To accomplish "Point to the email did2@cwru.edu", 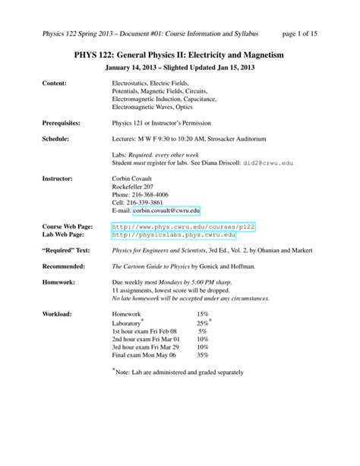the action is click(277, 163).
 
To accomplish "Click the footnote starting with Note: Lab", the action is click(180, 372).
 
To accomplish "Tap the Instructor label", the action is click(58, 178).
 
